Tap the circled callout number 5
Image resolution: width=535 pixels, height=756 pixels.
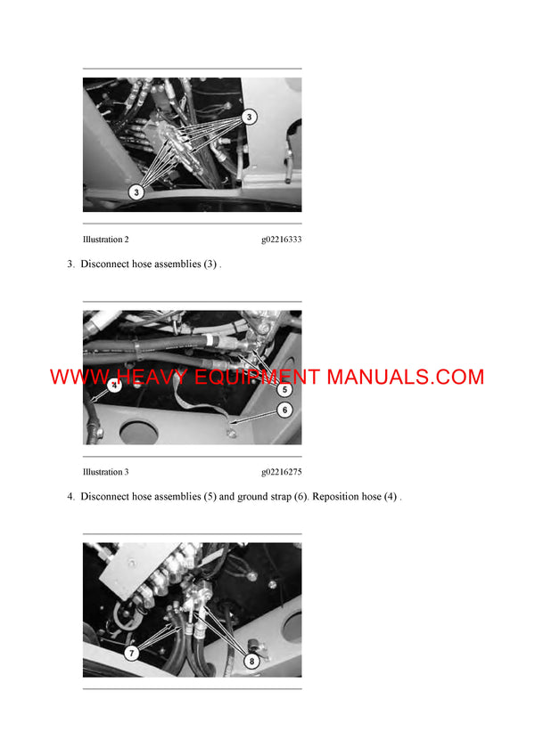click(284, 389)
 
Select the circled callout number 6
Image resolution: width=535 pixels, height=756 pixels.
click(284, 411)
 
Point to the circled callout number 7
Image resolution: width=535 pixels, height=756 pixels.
click(132, 653)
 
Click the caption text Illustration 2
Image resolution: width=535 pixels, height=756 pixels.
click(106, 240)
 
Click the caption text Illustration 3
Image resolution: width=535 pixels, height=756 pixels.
click(106, 471)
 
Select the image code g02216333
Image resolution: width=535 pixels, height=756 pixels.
click(281, 240)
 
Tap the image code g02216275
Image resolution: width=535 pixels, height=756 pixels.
click(281, 471)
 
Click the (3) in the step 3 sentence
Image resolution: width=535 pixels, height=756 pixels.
click(210, 264)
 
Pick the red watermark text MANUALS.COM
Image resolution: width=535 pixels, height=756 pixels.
click(406, 377)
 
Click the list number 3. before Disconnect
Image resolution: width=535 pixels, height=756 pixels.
click(71, 264)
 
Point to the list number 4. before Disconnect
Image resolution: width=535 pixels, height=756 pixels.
click(71, 496)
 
